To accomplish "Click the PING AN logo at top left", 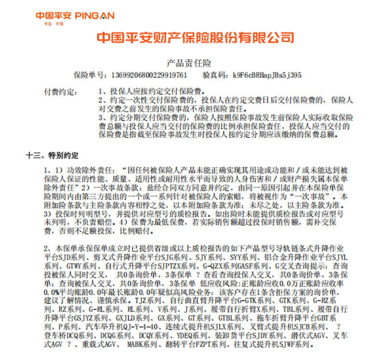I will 74,15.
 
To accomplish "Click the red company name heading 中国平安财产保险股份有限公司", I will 195,38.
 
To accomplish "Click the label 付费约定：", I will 58,91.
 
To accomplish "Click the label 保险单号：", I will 89,75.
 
